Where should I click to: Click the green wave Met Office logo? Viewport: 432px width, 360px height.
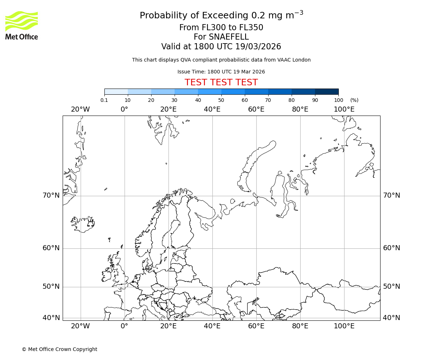[x=22, y=21]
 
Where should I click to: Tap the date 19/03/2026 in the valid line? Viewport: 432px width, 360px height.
[x=258, y=47]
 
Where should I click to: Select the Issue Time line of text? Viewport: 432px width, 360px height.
[x=221, y=72]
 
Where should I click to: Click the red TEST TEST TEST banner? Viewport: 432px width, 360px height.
[x=221, y=82]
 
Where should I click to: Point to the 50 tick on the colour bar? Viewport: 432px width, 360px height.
[x=221, y=100]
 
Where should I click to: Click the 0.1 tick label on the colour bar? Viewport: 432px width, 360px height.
[x=104, y=100]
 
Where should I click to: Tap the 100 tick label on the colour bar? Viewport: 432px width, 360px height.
[x=338, y=100]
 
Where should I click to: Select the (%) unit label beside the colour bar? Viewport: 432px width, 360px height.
[x=354, y=100]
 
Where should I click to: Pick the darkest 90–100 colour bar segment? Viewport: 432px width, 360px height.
[x=327, y=91]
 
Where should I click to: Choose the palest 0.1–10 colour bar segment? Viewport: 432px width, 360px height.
[x=116, y=91]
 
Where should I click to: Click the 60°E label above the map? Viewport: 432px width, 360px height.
[x=256, y=109]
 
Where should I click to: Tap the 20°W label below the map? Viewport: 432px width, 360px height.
[x=80, y=326]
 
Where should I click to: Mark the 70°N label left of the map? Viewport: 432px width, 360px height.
[x=51, y=195]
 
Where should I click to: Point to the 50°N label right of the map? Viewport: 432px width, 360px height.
[x=392, y=287]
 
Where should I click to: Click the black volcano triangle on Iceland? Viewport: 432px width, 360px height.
[x=90, y=224]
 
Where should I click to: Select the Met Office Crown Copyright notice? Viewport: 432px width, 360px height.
[x=59, y=349]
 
